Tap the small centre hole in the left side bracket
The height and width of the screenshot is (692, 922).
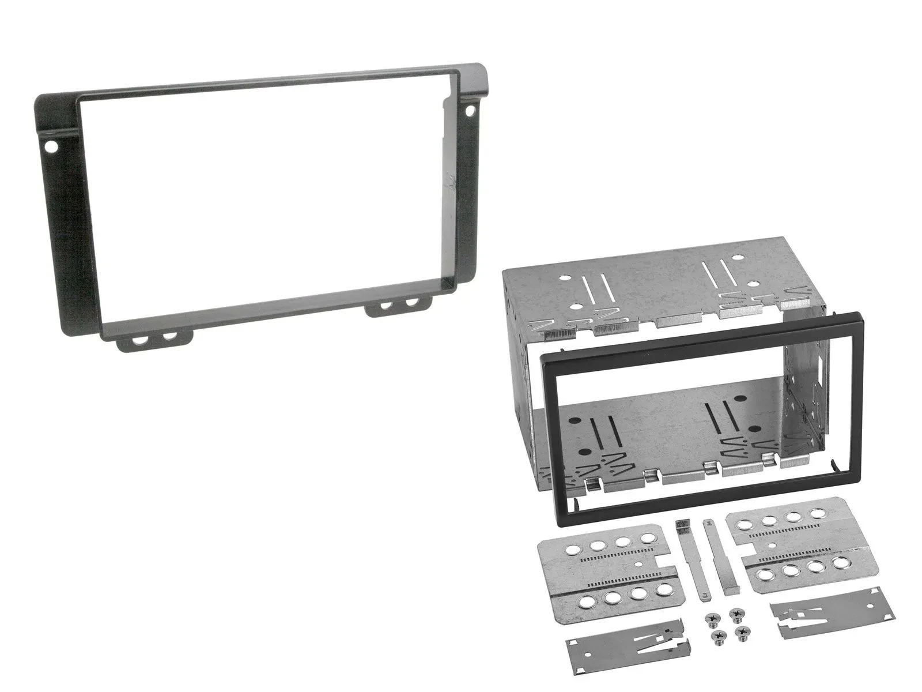[638, 565]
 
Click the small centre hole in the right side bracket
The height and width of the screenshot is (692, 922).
[770, 544]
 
